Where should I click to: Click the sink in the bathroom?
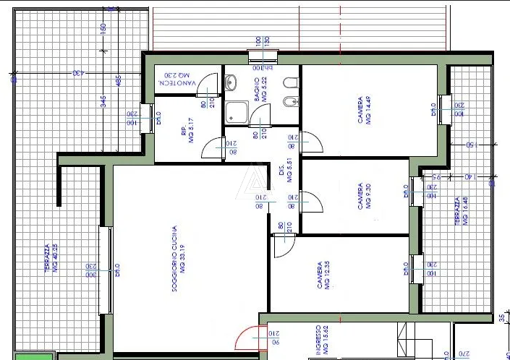click(x=231, y=82)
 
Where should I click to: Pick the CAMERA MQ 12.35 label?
click(x=323, y=274)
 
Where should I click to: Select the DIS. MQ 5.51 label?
click(x=284, y=172)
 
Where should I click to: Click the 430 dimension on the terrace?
click(x=76, y=73)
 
